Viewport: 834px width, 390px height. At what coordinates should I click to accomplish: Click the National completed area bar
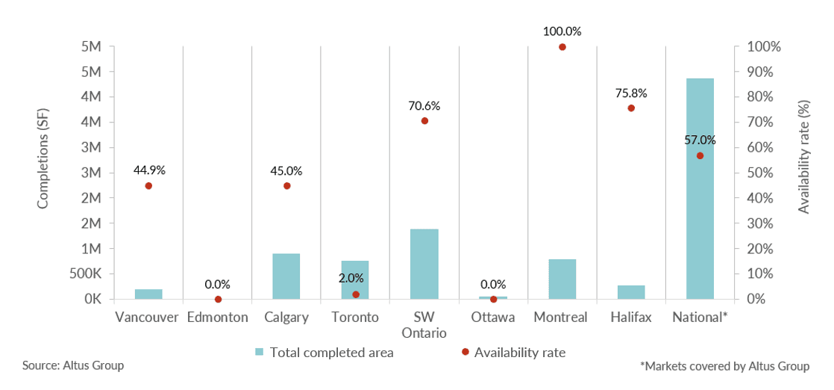700,188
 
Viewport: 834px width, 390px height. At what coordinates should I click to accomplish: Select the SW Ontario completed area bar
424,264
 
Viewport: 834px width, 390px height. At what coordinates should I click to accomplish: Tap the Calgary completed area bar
286,276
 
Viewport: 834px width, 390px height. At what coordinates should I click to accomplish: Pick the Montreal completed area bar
562,279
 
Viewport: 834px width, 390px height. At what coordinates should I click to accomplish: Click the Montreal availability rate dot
562,47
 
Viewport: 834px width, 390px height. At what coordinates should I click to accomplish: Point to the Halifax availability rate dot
631,108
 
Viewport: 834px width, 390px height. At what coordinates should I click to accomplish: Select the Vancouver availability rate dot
148,186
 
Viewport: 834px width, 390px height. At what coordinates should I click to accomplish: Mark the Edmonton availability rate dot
218,299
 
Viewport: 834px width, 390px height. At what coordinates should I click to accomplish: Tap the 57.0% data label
700,140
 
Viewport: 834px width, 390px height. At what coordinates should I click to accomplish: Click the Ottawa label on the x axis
493,318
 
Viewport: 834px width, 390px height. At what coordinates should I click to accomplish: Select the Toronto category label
355,318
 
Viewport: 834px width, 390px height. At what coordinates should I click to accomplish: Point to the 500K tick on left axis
86,273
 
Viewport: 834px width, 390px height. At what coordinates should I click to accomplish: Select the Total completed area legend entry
324,352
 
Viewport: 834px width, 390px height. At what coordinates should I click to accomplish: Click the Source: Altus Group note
73,366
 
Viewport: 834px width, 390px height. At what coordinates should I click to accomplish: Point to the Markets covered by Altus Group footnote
724,366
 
